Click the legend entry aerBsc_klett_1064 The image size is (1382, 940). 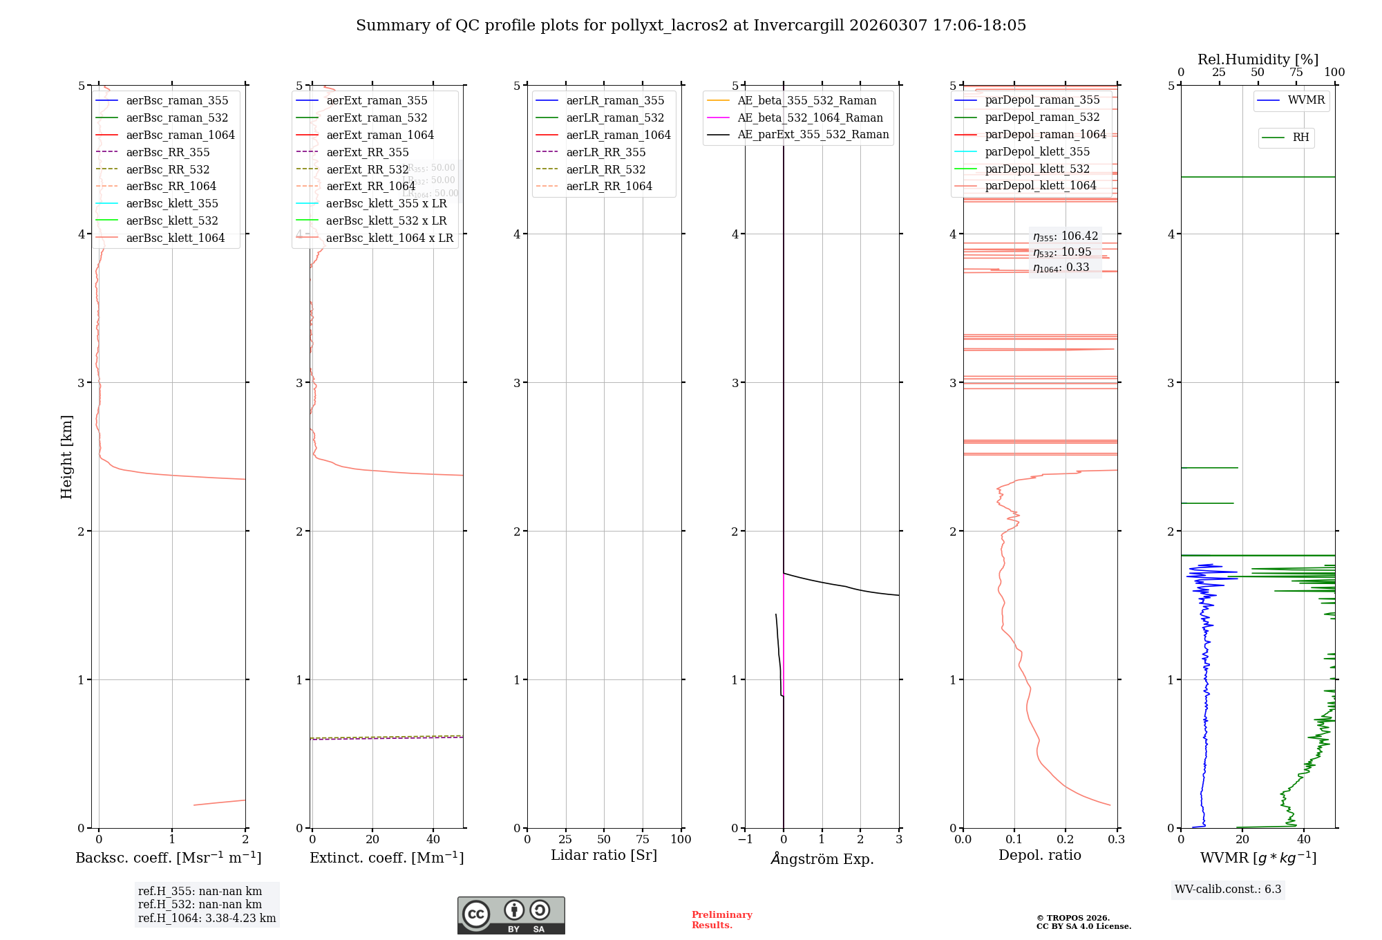click(x=175, y=238)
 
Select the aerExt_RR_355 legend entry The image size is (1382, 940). click(x=367, y=152)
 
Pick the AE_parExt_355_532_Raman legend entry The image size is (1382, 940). click(x=813, y=134)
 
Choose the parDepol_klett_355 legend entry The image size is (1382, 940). click(x=1036, y=151)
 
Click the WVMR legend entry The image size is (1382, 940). click(x=1306, y=100)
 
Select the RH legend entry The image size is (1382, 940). click(x=1300, y=138)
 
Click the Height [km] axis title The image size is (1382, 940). click(x=66, y=456)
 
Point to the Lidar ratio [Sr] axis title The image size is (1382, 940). click(x=603, y=855)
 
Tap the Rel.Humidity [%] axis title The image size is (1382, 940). click(x=1258, y=59)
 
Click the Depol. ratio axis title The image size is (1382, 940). click(x=1039, y=855)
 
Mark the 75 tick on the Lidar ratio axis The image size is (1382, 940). click(x=643, y=839)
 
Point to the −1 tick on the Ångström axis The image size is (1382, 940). click(x=745, y=839)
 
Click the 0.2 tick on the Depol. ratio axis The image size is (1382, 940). click(x=1066, y=839)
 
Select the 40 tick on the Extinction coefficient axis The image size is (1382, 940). click(x=433, y=839)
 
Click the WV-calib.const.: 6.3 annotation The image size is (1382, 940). click(x=1228, y=889)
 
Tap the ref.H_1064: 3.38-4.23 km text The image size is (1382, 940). click(x=207, y=918)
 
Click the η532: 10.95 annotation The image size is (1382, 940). click(x=1062, y=252)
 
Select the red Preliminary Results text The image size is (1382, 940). click(x=721, y=920)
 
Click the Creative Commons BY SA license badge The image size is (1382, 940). click(x=511, y=916)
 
